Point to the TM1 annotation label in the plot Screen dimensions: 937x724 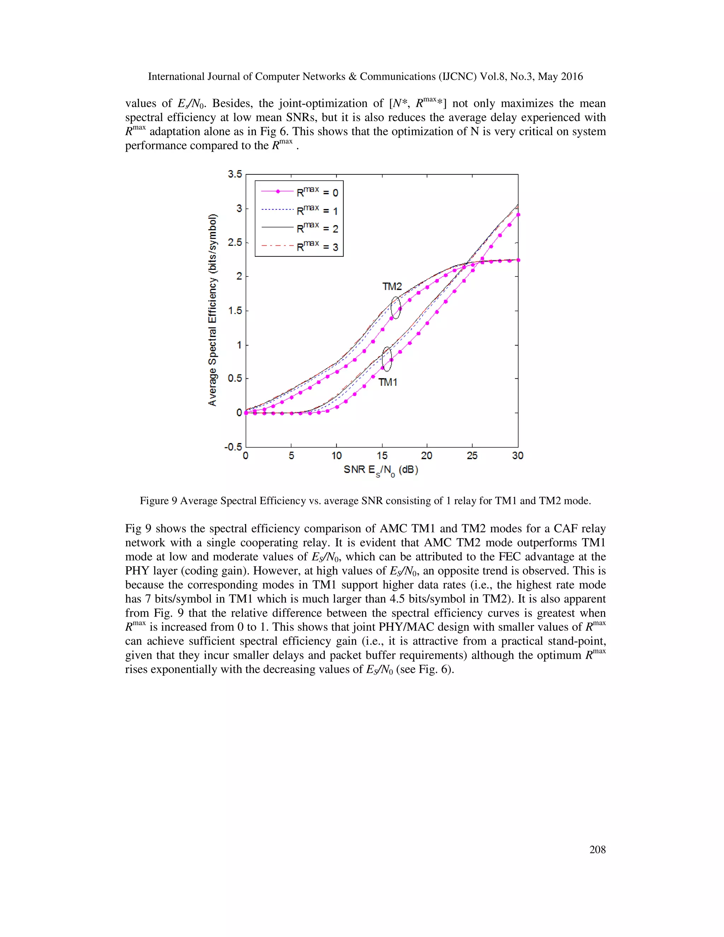point(388,382)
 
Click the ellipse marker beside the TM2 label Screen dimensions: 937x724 point(396,308)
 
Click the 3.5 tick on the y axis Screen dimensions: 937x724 point(235,174)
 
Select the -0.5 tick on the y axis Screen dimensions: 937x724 point(233,447)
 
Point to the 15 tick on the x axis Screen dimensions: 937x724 point(382,456)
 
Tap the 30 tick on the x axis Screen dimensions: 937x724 point(518,456)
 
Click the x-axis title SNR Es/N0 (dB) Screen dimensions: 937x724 point(381,470)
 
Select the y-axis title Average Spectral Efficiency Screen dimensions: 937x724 point(212,310)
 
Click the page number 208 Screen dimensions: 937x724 point(597,849)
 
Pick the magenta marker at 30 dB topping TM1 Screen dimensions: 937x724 point(518,215)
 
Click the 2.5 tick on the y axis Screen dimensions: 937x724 point(235,243)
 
